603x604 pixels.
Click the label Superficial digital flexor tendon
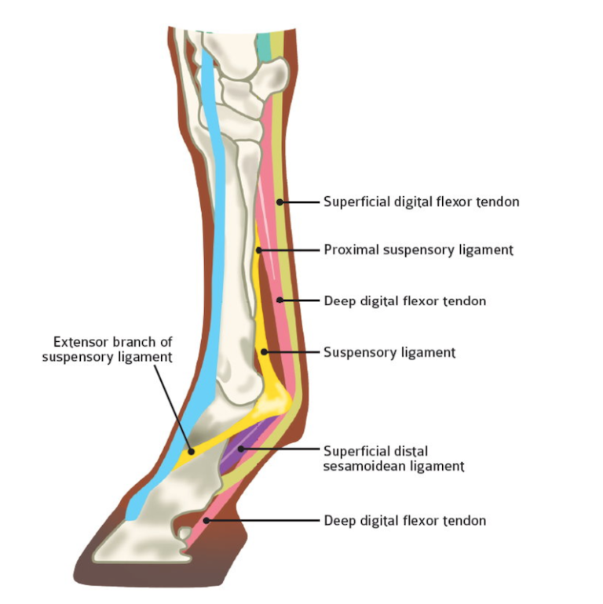(422, 202)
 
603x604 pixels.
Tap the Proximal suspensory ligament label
(418, 250)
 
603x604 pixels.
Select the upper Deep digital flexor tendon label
(405, 301)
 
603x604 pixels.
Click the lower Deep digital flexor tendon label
(405, 520)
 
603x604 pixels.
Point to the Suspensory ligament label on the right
(389, 352)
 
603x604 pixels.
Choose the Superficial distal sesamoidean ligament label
(393, 458)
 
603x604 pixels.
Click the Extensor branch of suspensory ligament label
(108, 349)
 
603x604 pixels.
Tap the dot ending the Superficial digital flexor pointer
(280, 202)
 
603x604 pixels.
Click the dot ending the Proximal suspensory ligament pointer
(259, 250)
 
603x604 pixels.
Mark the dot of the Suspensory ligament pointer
(264, 351)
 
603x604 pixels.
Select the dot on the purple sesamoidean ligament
(240, 449)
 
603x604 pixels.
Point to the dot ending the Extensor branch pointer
(191, 451)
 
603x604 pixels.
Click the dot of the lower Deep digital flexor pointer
(206, 521)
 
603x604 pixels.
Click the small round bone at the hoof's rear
(185, 533)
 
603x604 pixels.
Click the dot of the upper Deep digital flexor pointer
(280, 300)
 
